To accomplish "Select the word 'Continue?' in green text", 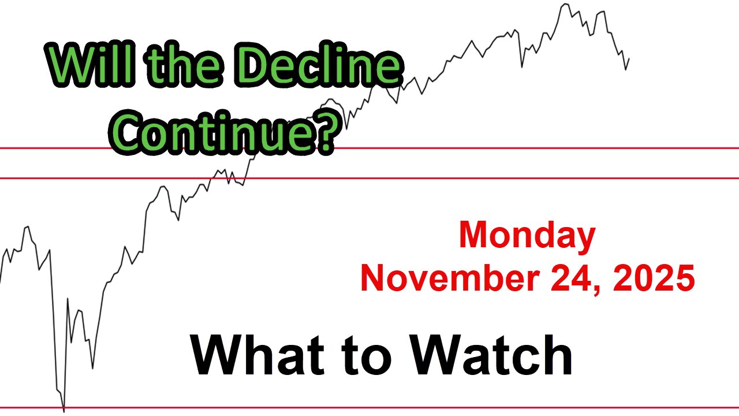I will (228, 129).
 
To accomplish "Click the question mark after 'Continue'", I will (324, 129).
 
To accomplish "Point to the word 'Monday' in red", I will (527, 236).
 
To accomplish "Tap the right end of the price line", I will (629, 59).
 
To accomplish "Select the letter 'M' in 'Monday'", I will (473, 236).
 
